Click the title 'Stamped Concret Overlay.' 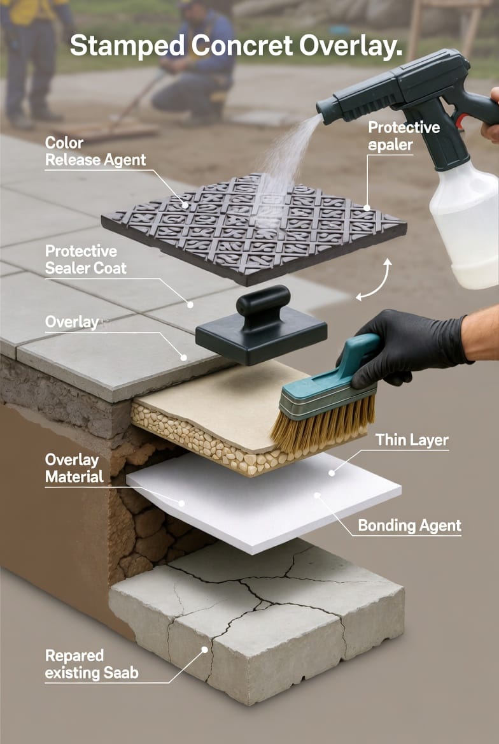click(x=235, y=46)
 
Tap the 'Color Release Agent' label click(x=95, y=152)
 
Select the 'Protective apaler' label click(x=404, y=136)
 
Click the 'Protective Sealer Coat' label click(x=86, y=259)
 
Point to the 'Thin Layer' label click(x=412, y=440)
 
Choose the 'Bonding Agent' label click(x=409, y=526)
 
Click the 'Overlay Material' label click(x=74, y=468)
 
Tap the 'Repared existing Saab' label click(x=92, y=664)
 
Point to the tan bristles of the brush click(x=323, y=425)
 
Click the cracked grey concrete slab click(x=256, y=617)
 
